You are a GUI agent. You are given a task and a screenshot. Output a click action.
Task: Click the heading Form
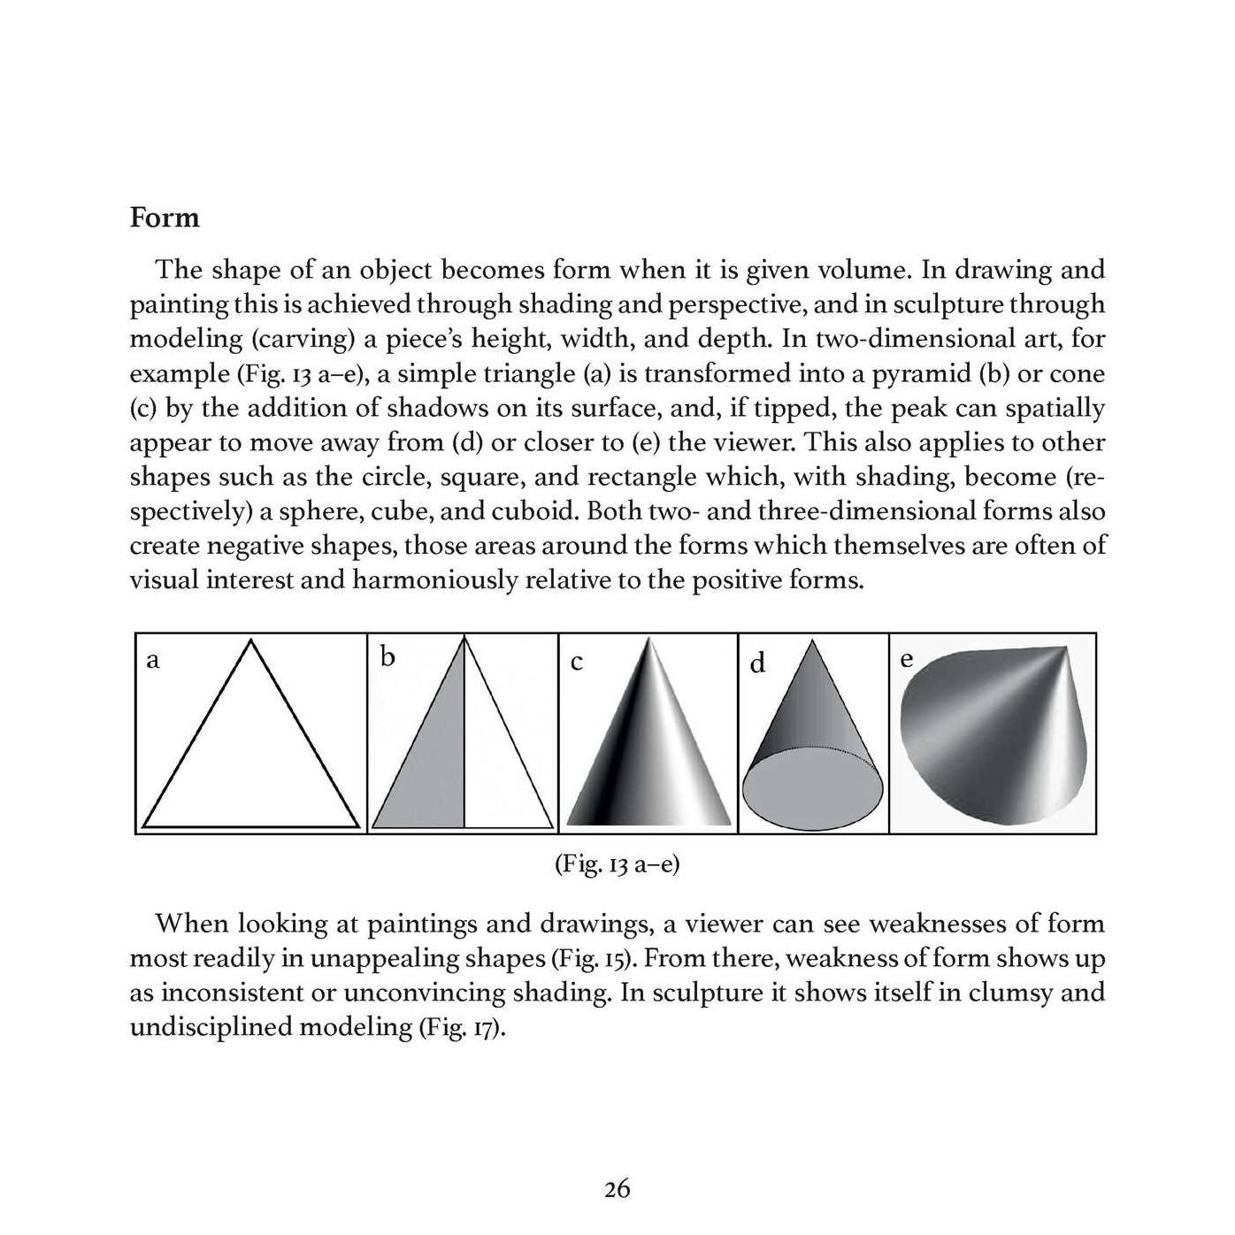[x=165, y=218]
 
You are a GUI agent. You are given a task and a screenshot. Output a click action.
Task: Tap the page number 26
[x=617, y=1189]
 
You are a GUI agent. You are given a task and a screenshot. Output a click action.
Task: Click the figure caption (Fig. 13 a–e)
[x=617, y=863]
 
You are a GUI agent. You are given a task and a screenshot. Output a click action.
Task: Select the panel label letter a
[x=152, y=660]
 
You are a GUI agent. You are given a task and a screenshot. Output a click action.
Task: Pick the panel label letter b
[x=387, y=656]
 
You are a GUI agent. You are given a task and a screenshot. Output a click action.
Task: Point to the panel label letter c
[x=577, y=662]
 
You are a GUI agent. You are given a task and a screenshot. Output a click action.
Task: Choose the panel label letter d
[x=757, y=664]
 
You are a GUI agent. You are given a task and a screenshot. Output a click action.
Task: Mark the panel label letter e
[x=906, y=659]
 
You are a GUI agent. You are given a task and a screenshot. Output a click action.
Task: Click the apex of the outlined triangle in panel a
[x=251, y=641]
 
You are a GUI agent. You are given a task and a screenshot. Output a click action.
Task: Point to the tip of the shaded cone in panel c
[x=649, y=641]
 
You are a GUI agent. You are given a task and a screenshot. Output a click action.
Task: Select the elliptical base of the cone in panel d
[x=812, y=789]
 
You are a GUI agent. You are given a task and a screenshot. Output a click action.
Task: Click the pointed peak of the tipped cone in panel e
[x=1067, y=649]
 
